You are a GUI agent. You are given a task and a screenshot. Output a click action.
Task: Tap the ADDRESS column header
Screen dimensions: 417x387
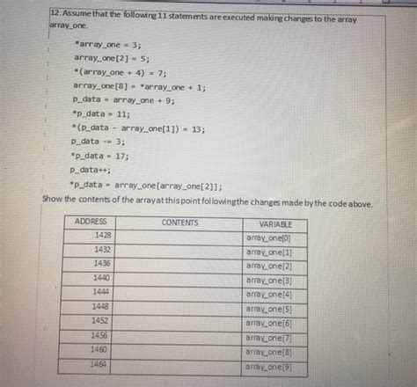tap(91, 221)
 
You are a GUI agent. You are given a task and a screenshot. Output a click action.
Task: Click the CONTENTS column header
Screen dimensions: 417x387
tap(179, 222)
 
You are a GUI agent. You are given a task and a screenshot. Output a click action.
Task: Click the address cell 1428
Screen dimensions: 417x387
tap(102, 236)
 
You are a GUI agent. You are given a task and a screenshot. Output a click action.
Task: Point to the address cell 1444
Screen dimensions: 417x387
tap(102, 291)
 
